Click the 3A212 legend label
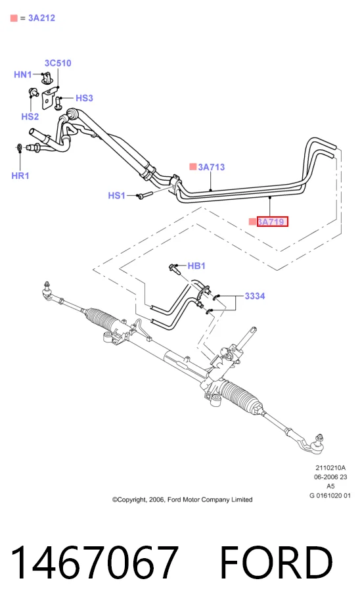click(41, 18)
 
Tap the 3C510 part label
click(58, 63)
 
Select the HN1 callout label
click(23, 74)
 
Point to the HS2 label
click(30, 116)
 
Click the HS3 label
click(84, 98)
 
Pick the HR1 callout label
click(20, 176)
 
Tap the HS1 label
click(117, 195)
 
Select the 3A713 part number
click(212, 167)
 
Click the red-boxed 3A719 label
click(273, 222)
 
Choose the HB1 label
click(196, 266)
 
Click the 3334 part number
click(255, 296)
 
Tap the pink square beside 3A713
click(193, 166)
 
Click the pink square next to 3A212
click(14, 18)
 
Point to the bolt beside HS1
click(143, 195)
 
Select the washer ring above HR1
click(19, 147)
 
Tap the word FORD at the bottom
click(277, 562)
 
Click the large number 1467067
click(95, 562)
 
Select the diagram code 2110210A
click(330, 467)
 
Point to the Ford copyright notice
click(183, 499)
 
